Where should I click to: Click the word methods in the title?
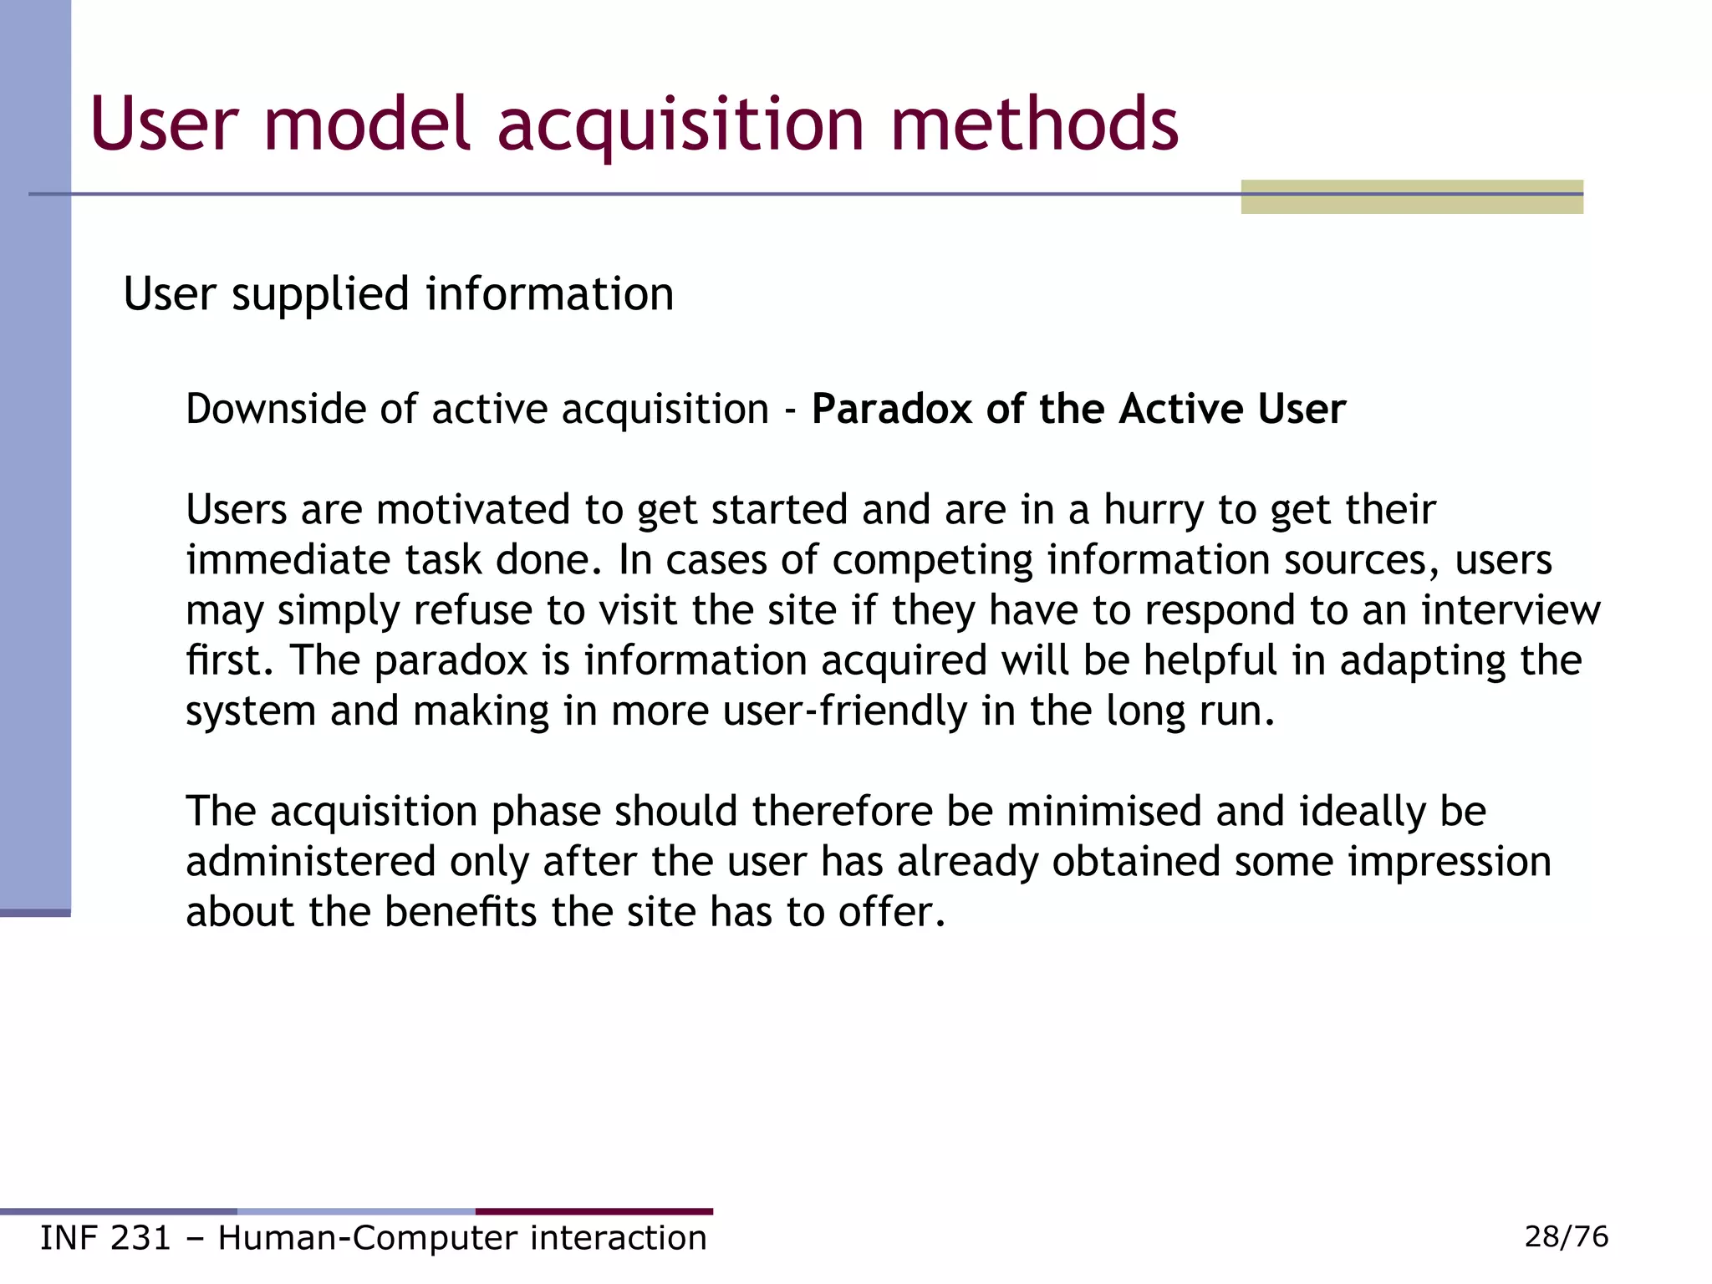[x=1034, y=125]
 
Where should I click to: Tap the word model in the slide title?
[x=367, y=125]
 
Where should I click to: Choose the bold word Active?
[x=1180, y=410]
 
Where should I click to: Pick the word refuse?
[x=472, y=610]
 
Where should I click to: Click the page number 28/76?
[x=1566, y=1236]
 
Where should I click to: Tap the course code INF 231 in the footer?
[x=105, y=1238]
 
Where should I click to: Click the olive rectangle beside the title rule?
[x=1411, y=197]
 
